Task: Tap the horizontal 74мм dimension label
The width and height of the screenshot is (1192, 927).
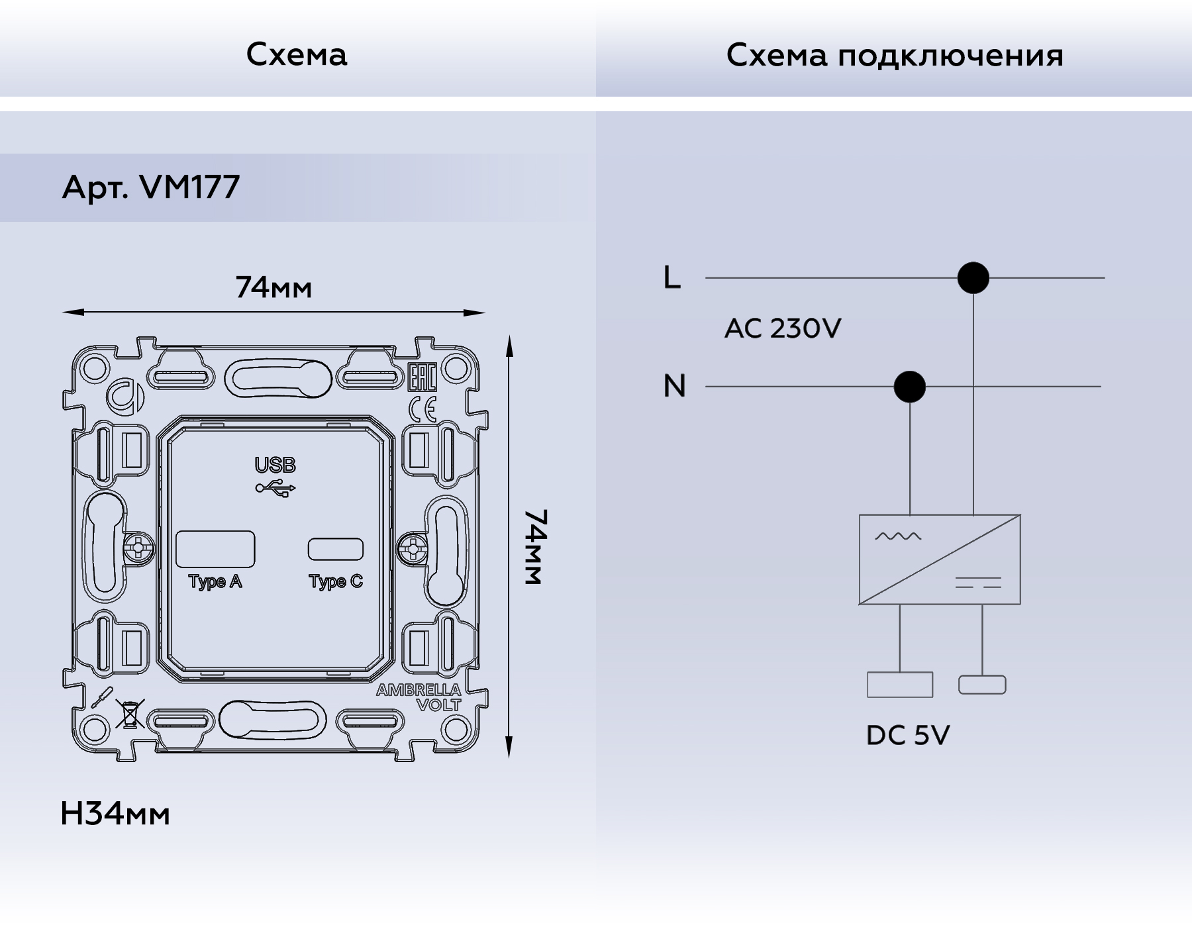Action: pyautogui.click(x=273, y=288)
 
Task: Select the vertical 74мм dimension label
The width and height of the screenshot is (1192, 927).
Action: pyautogui.click(x=534, y=547)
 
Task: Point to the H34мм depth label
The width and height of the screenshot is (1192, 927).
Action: pyautogui.click(x=115, y=814)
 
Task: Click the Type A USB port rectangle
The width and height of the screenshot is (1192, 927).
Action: pyautogui.click(x=215, y=549)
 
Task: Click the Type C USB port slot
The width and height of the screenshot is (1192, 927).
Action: pyautogui.click(x=336, y=549)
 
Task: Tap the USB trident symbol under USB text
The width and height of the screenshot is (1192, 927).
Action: pyautogui.click(x=275, y=489)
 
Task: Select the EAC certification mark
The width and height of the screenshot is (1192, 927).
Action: pyautogui.click(x=422, y=377)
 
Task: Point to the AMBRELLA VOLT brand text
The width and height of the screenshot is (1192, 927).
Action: pyautogui.click(x=419, y=697)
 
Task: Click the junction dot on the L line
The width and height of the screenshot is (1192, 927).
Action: pyautogui.click(x=973, y=277)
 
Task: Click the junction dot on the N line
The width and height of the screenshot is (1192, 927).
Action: pyautogui.click(x=909, y=387)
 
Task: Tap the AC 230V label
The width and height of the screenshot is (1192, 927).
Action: pyautogui.click(x=782, y=328)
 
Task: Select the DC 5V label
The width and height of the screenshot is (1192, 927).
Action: pyautogui.click(x=907, y=735)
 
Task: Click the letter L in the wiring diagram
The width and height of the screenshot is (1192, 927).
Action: pyautogui.click(x=671, y=277)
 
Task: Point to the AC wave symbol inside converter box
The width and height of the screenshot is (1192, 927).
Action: pyautogui.click(x=897, y=536)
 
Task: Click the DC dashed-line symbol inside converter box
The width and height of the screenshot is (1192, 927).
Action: pyautogui.click(x=977, y=583)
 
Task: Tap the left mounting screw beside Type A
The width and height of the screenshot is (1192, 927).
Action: pyautogui.click(x=139, y=548)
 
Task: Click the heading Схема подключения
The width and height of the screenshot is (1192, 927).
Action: pyautogui.click(x=894, y=55)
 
